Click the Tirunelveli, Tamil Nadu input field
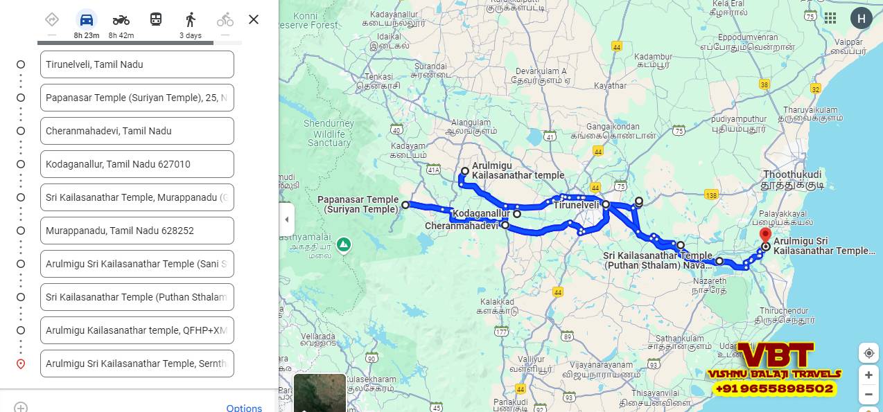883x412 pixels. coord(137,64)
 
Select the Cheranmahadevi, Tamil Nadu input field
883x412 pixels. coord(137,131)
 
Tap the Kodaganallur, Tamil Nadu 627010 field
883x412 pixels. coord(137,164)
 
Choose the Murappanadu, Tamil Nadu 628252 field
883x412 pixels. coord(137,231)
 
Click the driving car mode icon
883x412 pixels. coord(87,19)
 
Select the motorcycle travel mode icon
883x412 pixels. coord(121,19)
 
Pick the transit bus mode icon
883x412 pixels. coord(156,19)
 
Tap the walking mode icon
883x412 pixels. coord(191,19)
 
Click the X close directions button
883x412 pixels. coord(254,19)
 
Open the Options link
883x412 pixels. coord(244,408)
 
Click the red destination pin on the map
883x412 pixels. coord(765,235)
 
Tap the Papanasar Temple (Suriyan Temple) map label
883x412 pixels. coord(358,204)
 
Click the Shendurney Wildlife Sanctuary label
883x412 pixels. coord(329,133)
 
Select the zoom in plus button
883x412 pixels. coord(868,375)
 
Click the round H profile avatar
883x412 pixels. coord(861,18)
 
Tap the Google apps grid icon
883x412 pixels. coord(830,18)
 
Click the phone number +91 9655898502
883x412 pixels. coord(773,389)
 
